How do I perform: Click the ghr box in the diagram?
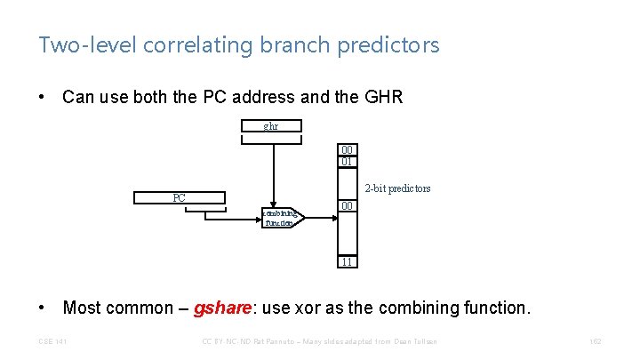click(x=271, y=126)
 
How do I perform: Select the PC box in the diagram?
click(x=179, y=197)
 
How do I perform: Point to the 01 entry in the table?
click(x=347, y=162)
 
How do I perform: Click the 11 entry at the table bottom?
click(x=347, y=262)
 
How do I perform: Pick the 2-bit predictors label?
click(x=398, y=188)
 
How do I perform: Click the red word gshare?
click(x=224, y=308)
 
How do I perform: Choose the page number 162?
click(x=595, y=342)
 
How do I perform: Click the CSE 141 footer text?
click(x=52, y=342)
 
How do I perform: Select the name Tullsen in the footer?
click(x=423, y=342)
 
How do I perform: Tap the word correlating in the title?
click(x=180, y=44)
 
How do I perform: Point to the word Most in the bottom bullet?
click(x=84, y=308)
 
